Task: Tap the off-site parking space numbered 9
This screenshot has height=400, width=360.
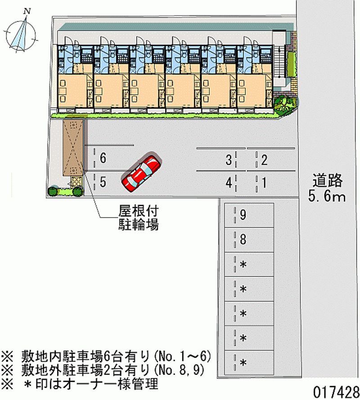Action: coord(249,215)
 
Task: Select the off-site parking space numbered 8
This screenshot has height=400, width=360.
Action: coord(249,240)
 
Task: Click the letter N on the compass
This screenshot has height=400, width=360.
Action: coord(27,11)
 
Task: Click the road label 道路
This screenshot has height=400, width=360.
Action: coord(327,181)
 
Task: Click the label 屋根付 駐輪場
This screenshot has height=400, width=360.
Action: coord(139,218)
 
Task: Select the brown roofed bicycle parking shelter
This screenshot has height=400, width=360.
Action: coord(73,148)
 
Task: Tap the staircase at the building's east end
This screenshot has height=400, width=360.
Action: coord(279,61)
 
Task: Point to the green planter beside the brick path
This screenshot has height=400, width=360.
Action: coord(291,65)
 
